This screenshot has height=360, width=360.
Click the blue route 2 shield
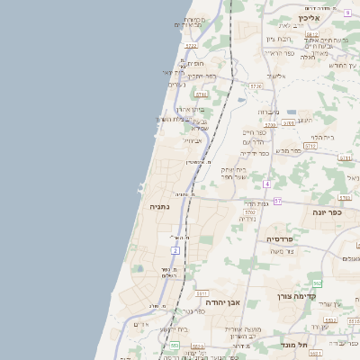(x=175, y=249)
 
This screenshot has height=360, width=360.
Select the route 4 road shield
(x=267, y=184)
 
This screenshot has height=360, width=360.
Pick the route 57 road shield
(x=277, y=201)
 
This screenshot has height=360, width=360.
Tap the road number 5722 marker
(x=191, y=45)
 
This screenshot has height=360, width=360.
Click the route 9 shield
(x=347, y=13)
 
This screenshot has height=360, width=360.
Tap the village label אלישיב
(x=275, y=76)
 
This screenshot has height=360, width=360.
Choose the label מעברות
(x=268, y=112)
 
